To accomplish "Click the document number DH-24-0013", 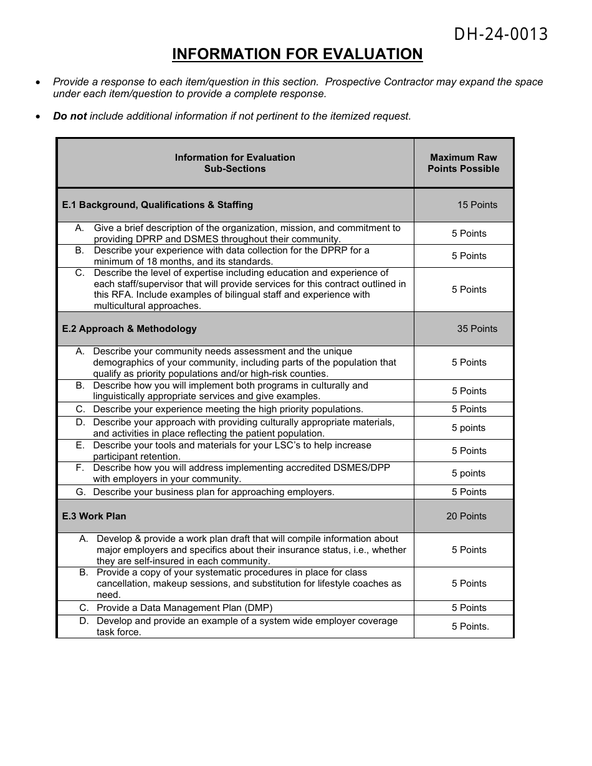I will coord(500,35).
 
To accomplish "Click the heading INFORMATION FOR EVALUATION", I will coord(297,55).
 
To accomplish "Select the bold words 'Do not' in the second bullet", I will coord(70,116).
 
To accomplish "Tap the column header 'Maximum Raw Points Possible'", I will coord(463,163).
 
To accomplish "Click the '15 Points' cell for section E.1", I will coord(477,205).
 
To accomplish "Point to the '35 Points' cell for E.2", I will coord(477,329).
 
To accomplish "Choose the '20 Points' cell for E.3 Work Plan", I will coord(466,516).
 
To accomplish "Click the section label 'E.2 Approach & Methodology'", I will coord(129,329).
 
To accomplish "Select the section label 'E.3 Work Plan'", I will coord(94,516).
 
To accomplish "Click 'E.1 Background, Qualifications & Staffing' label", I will coord(157,205).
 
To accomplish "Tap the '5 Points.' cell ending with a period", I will coord(470,627).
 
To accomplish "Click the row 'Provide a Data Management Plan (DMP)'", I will coord(184,608).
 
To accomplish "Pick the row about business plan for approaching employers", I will coord(214,492).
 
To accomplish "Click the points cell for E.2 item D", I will coord(469,428).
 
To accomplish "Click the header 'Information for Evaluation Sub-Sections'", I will coord(235,163).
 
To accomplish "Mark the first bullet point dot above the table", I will coord(39,82).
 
